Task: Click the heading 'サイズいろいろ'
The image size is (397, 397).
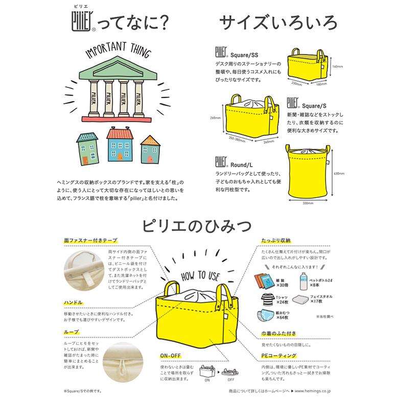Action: pyautogui.click(x=271, y=22)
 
